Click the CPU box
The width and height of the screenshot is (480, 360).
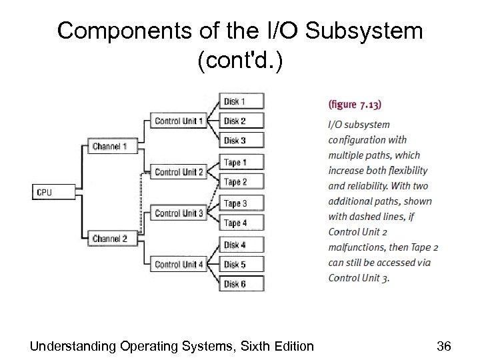49,193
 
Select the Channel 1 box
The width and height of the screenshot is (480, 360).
110,146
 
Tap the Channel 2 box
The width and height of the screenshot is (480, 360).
110,238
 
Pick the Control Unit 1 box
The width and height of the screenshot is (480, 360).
178,121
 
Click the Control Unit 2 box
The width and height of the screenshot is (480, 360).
178,172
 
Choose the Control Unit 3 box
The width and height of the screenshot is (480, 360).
178,213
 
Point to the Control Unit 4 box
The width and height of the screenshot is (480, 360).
178,265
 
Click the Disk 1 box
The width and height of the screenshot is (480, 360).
241,101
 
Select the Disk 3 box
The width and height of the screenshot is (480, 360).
241,140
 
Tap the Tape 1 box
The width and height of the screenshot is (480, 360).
241,162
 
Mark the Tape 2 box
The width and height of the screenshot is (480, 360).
241,181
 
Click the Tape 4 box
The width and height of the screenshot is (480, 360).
241,223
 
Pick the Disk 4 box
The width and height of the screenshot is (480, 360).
241,245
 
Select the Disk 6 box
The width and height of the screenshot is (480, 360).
241,284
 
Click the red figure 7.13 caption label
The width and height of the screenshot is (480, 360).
355,104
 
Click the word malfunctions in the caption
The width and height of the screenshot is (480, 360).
358,247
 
